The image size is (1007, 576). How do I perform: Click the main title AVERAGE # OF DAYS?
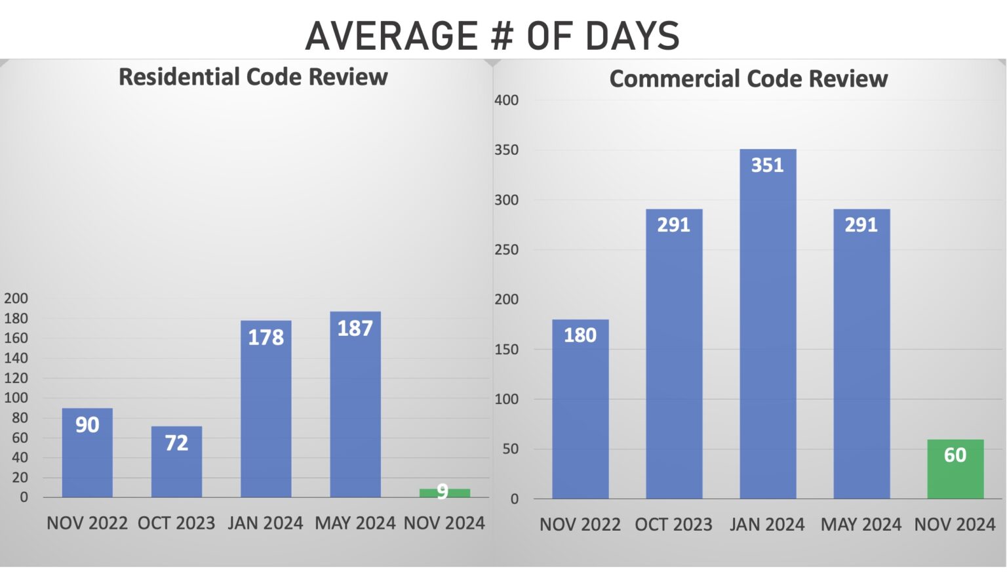click(492, 35)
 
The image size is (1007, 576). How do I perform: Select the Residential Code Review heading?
click(253, 77)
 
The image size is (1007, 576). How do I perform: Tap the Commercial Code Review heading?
click(748, 79)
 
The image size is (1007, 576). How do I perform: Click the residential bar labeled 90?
click(87, 453)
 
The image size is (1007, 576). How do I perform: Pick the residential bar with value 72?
click(176, 462)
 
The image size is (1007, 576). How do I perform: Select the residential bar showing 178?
click(266, 408)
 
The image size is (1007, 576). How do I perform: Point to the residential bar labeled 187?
click(355, 404)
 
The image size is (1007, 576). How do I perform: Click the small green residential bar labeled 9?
click(444, 493)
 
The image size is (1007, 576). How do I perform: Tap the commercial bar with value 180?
click(580, 409)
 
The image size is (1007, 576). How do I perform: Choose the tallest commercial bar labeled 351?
click(768, 324)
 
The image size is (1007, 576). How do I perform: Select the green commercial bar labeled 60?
click(955, 469)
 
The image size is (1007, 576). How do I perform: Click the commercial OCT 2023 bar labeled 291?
click(674, 354)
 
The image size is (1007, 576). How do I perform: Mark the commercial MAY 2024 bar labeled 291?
click(861, 354)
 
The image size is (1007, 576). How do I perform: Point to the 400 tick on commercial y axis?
click(506, 100)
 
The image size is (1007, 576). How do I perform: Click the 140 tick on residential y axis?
click(16, 358)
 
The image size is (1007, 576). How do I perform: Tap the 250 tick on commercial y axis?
click(506, 250)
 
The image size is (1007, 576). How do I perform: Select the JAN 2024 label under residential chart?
click(266, 523)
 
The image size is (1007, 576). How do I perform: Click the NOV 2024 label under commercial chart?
click(955, 525)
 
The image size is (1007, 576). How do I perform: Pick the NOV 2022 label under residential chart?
click(87, 523)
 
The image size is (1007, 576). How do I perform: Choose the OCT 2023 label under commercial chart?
click(673, 525)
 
